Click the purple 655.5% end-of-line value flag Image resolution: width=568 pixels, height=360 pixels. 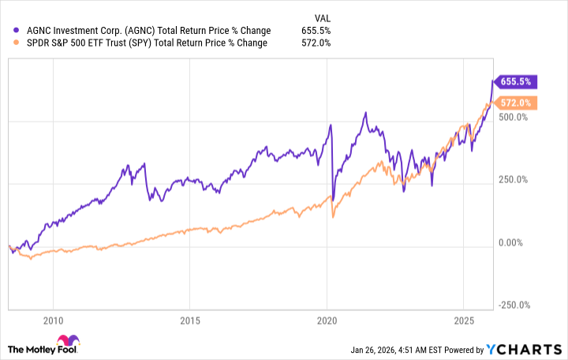tap(516, 81)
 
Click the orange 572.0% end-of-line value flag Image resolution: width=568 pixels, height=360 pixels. tap(516, 102)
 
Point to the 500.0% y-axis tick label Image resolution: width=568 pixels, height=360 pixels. tap(514, 117)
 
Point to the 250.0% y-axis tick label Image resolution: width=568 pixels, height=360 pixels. tap(514, 179)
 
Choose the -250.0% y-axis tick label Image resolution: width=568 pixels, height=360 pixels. tap(514, 306)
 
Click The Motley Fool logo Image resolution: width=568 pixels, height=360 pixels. tap(46, 347)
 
